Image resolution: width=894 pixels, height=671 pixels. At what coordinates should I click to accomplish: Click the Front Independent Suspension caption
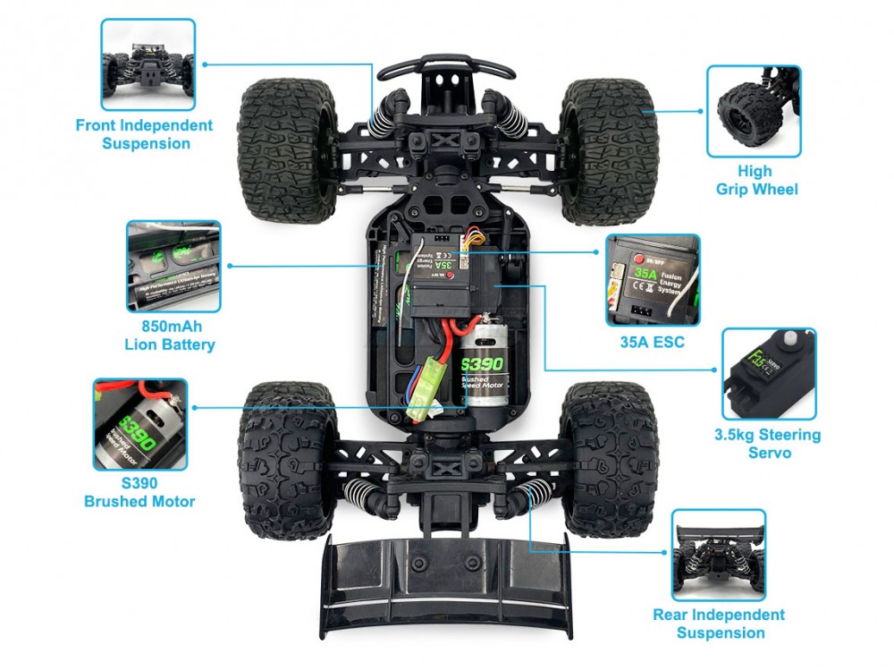[144, 134]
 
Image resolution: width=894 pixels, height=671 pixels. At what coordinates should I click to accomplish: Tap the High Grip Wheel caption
[756, 180]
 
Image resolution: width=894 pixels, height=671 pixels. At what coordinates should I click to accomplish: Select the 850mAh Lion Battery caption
[170, 335]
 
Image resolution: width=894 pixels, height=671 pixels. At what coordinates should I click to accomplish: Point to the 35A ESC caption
[652, 342]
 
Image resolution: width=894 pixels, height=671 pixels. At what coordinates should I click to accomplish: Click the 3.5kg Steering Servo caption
[767, 444]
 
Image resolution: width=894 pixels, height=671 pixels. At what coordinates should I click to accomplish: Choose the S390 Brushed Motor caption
[139, 492]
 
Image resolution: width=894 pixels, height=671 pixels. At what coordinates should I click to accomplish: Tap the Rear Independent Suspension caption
[720, 624]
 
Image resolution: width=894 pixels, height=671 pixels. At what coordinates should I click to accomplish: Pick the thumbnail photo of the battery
[173, 266]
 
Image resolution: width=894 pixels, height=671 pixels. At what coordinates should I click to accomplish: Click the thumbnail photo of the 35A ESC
[653, 280]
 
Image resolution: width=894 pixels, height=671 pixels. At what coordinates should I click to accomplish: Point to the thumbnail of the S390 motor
[139, 425]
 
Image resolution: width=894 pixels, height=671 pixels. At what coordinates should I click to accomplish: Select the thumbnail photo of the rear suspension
[720, 555]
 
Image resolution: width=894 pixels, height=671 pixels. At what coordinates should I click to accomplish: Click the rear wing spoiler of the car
[447, 582]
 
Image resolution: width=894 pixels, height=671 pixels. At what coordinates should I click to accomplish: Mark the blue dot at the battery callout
[230, 266]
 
